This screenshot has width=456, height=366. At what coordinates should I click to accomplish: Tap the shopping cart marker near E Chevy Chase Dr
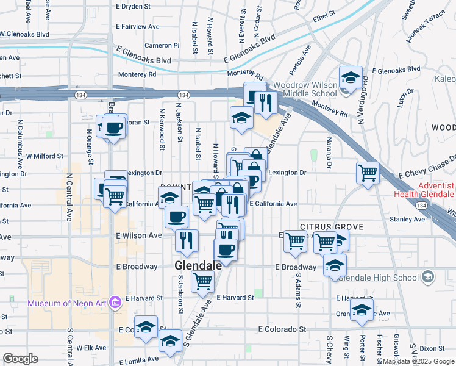[x=368, y=173]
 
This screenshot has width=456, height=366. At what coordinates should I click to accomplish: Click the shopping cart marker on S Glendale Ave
[x=202, y=282]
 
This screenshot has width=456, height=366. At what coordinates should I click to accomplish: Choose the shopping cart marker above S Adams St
[x=296, y=241]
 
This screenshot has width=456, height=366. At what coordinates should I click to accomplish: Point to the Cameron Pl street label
[x=162, y=46]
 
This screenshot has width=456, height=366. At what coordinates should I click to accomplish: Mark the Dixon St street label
[x=432, y=348]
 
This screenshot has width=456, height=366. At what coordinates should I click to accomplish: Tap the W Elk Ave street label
[x=91, y=348]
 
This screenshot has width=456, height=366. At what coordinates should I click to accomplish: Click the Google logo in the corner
[x=20, y=359]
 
